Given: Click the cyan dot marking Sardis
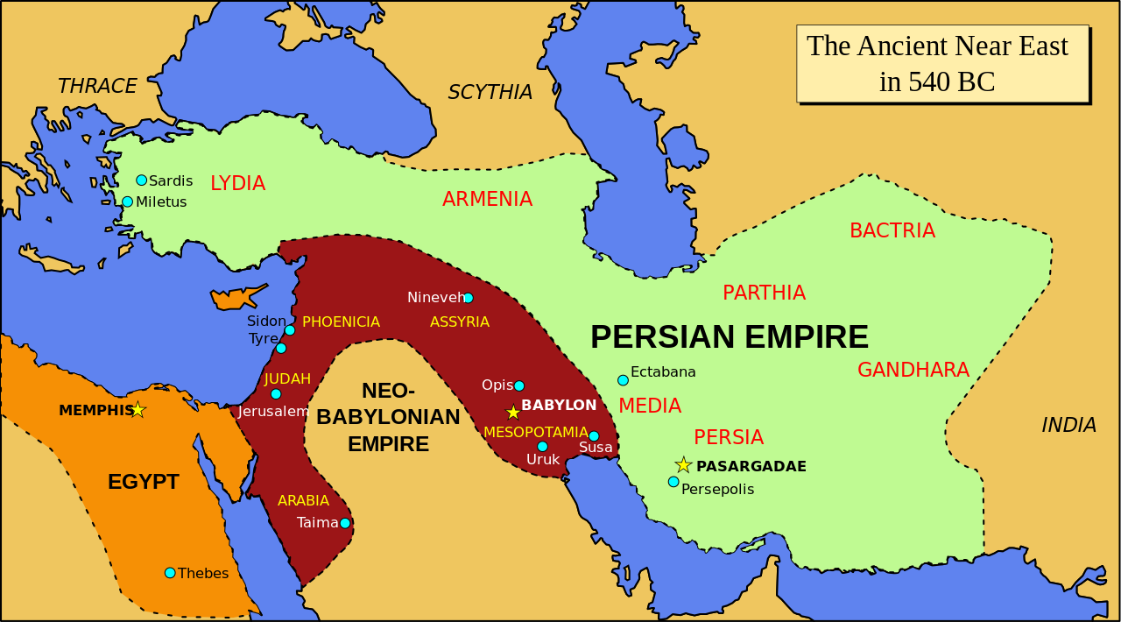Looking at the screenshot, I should click(141, 180).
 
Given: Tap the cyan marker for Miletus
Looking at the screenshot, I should click(127, 201).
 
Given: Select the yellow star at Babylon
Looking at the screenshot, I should click(512, 412).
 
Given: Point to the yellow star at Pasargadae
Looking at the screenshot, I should click(683, 465).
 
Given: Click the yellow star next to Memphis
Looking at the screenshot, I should click(137, 409).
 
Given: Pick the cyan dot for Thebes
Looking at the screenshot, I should click(170, 573).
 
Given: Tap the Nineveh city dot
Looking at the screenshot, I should click(468, 298).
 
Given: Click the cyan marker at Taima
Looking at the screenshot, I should click(345, 523).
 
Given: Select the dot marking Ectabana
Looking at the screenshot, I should click(623, 380).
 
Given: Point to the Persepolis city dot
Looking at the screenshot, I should click(673, 482).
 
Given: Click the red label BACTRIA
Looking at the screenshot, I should click(892, 230).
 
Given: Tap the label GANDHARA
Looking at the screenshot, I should click(913, 370).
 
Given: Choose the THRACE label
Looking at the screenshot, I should click(97, 86).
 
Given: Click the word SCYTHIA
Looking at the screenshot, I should click(490, 92).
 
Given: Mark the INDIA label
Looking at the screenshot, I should click(1068, 425).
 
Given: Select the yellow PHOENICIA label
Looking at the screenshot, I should click(341, 322).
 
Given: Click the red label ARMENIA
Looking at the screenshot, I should click(487, 199).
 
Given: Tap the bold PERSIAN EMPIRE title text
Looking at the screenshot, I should click(729, 337).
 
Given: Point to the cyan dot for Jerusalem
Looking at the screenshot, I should click(276, 394).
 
